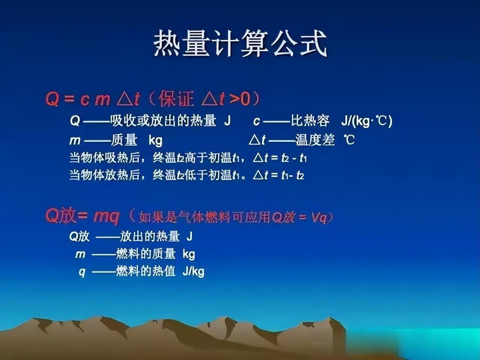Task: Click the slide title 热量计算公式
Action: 240,43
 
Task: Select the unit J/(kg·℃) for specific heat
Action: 367,121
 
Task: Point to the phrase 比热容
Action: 310,120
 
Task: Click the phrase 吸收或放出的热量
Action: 163,120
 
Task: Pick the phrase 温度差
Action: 315,139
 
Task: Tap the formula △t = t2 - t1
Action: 280,158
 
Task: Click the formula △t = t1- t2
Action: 279,175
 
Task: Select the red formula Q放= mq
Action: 82,216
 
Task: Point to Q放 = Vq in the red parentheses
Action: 300,217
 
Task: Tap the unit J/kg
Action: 193,272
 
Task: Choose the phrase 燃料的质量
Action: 145,254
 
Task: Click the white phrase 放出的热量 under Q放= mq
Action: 150,236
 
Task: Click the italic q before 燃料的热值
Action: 82,273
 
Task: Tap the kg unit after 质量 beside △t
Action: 156,140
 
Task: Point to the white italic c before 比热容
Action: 256,121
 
